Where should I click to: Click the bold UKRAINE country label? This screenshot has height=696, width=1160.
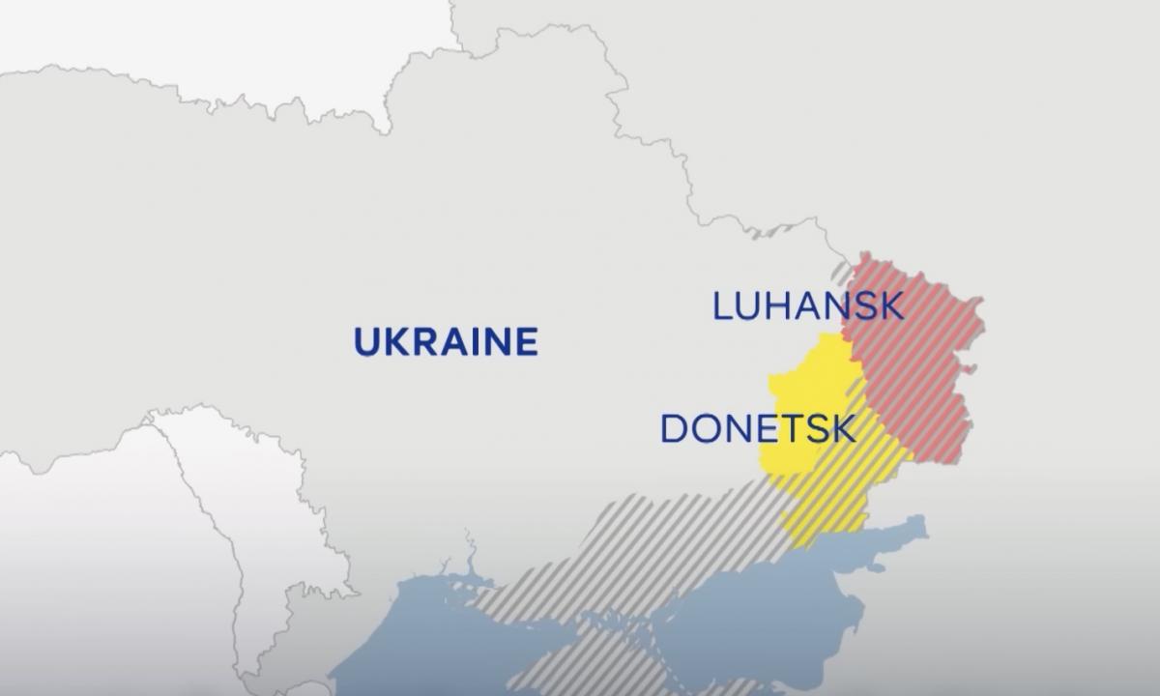click(446, 342)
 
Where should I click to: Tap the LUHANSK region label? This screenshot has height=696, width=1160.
click(808, 306)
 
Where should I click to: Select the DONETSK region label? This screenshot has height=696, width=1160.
click(757, 428)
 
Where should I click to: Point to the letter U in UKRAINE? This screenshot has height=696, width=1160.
click(367, 342)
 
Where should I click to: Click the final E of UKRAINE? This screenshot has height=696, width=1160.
click(524, 342)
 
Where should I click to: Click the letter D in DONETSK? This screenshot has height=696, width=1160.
click(675, 428)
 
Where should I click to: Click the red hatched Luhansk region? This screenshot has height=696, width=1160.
click(918, 358)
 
